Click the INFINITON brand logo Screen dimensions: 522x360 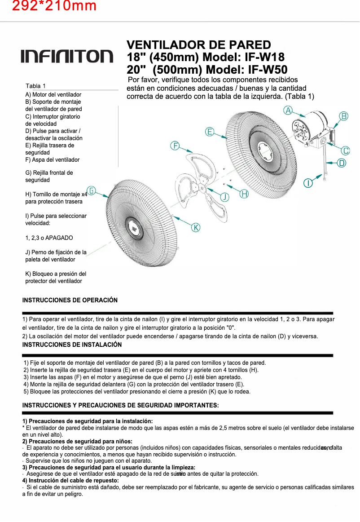[67, 56]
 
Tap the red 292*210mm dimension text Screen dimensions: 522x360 [54, 6]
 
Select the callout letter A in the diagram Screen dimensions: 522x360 [288, 110]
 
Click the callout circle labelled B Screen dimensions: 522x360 [343, 116]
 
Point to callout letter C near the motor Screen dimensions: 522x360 [346, 150]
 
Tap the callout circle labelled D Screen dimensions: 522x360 [342, 163]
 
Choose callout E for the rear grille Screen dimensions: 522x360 [210, 132]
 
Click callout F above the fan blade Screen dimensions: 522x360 [176, 146]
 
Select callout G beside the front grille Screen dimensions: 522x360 [92, 190]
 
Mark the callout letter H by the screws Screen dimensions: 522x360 [244, 194]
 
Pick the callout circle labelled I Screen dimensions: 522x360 [308, 183]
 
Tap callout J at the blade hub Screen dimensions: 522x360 [224, 197]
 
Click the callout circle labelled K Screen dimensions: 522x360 [196, 227]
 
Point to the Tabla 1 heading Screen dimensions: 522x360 [35, 86]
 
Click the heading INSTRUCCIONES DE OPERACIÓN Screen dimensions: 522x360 [70, 300]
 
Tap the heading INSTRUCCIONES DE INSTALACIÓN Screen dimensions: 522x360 [72, 345]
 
